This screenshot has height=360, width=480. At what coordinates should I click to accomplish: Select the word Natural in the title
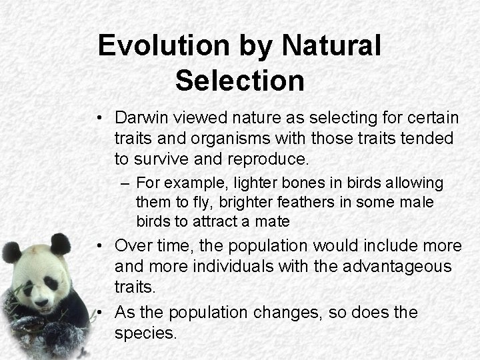click(331, 46)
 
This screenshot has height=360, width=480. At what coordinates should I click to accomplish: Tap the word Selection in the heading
click(239, 81)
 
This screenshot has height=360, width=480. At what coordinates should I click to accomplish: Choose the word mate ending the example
click(275, 221)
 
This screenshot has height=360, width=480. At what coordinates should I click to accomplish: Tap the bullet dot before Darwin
click(98, 119)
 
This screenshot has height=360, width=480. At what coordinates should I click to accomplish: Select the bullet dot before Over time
click(98, 247)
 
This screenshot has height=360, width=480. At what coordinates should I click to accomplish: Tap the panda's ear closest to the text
click(61, 244)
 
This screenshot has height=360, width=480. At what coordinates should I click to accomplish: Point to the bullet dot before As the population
click(98, 313)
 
